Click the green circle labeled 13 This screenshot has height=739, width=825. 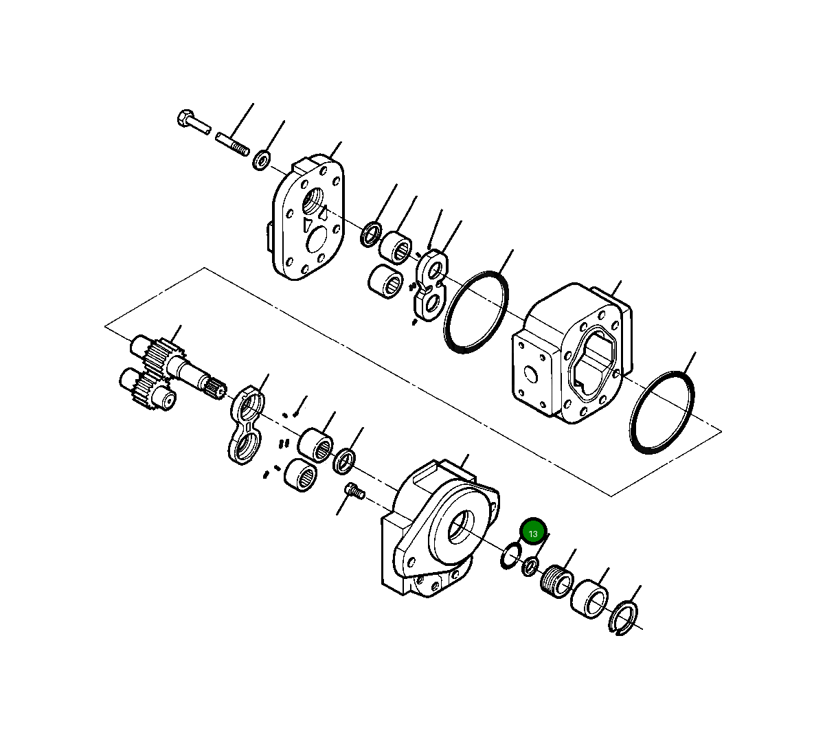[x=533, y=532]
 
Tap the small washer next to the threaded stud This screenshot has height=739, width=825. [x=262, y=161]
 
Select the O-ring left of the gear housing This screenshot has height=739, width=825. [x=477, y=312]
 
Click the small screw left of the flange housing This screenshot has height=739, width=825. [x=353, y=490]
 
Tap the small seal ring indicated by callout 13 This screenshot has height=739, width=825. [x=530, y=567]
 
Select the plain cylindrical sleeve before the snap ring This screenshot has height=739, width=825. [x=589, y=597]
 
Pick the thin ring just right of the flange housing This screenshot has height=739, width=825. [x=510, y=555]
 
